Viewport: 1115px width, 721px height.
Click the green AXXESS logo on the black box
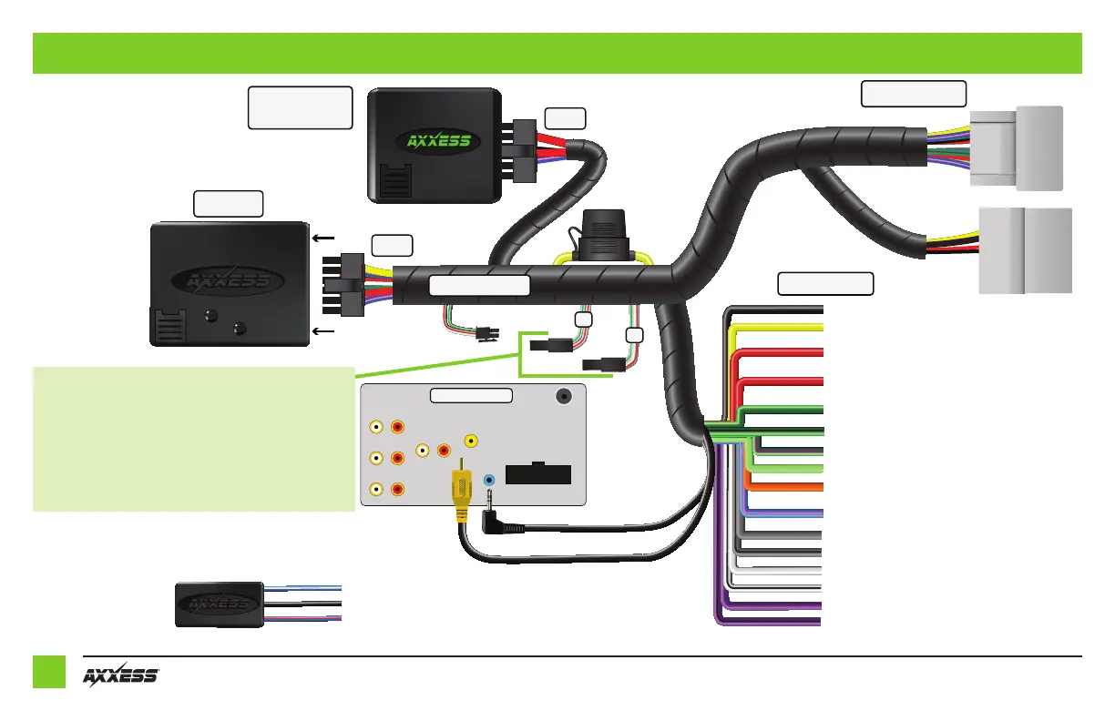click(438, 141)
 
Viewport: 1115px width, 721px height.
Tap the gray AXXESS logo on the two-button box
click(228, 281)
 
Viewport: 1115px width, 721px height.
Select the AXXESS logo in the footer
click(121, 675)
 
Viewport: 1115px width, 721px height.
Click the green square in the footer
click(49, 672)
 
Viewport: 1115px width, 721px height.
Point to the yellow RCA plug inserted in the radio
click(462, 490)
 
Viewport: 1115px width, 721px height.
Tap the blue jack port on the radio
click(489, 480)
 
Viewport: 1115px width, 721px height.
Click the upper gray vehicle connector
click(1017, 148)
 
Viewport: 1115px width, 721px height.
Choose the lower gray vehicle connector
click(1026, 250)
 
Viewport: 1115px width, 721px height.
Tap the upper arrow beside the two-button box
click(323, 239)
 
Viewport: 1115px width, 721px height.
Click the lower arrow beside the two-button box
click(323, 331)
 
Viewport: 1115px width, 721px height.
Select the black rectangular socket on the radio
click(538, 473)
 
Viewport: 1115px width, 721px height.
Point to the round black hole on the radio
click(564, 397)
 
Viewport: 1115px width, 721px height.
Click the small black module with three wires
click(220, 604)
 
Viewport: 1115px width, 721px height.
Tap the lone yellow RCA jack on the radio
click(471, 441)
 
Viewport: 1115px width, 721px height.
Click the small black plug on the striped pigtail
click(486, 333)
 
